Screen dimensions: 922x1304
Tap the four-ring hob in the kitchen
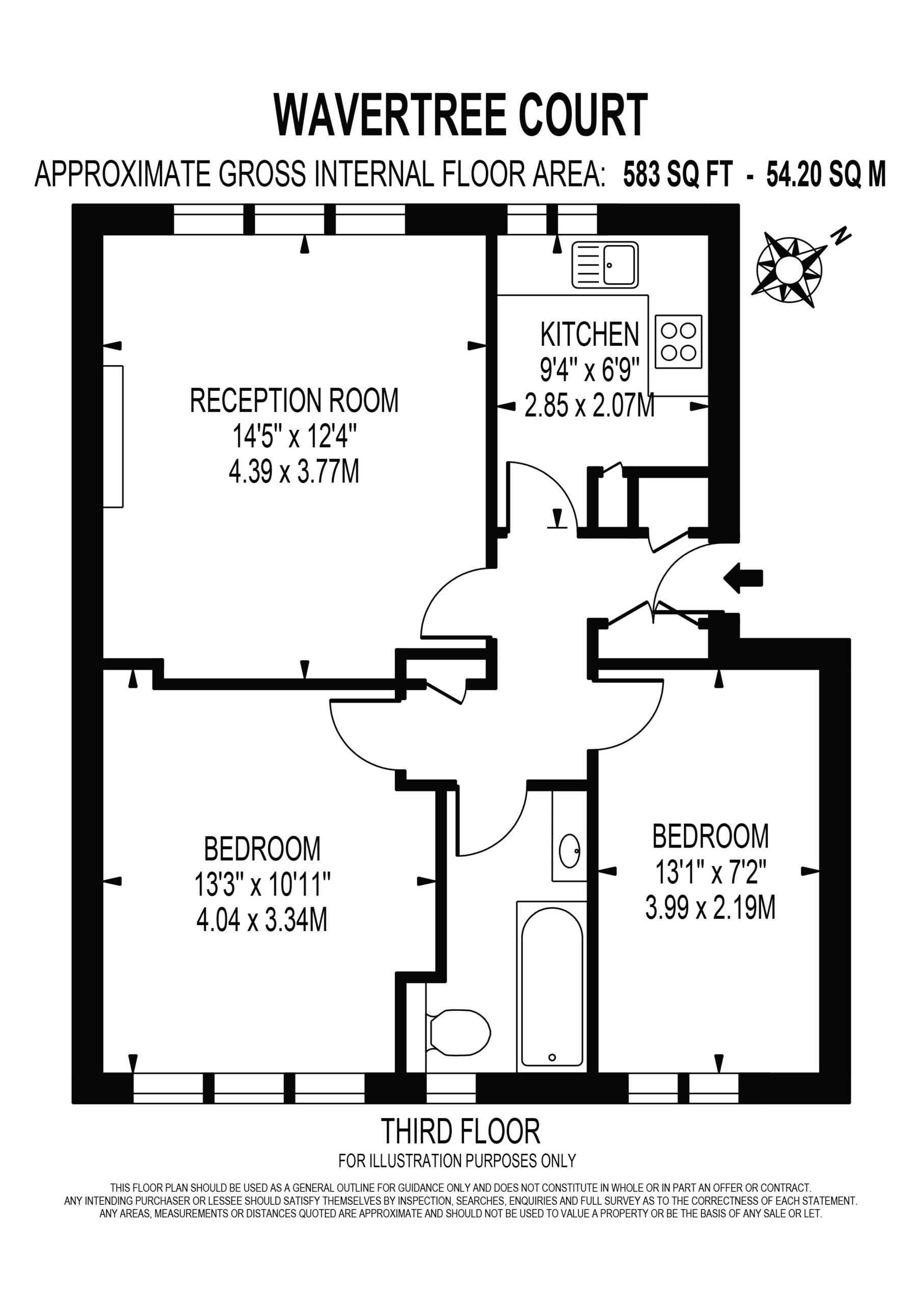coord(679,341)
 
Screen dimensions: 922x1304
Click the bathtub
coord(552,987)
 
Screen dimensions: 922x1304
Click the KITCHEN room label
coord(590,335)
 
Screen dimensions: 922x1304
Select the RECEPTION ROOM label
coord(294,400)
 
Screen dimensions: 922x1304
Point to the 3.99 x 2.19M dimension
coord(711,907)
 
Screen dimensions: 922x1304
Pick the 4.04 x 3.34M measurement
coord(262,919)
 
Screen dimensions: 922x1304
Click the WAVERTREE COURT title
coord(460,115)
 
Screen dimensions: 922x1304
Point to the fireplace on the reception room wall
coord(113,436)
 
